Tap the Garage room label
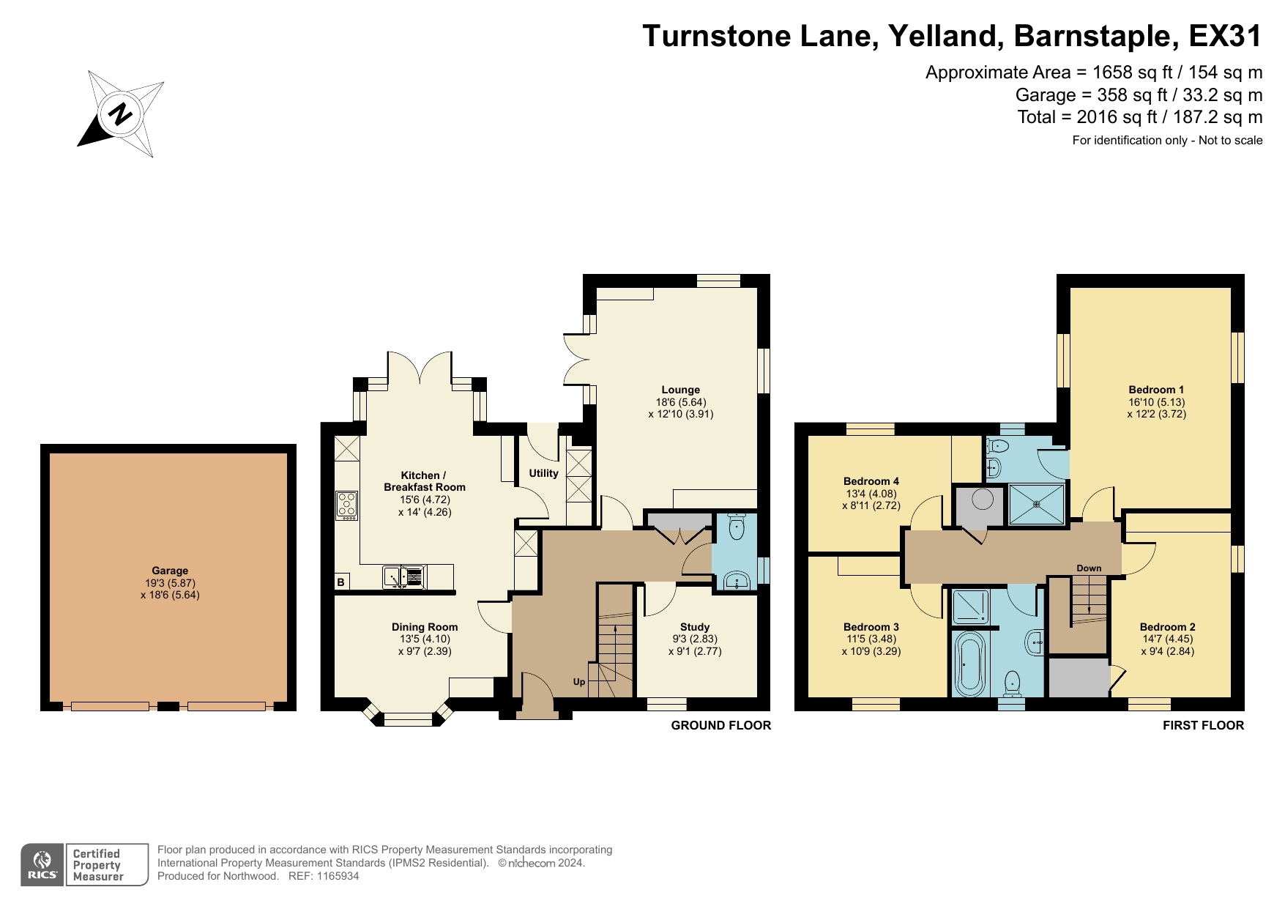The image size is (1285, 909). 170,571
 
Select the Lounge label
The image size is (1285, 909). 680,390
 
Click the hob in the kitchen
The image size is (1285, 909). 347,505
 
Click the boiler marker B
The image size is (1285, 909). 340,582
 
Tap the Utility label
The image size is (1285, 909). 543,473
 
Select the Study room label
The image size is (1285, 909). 694,627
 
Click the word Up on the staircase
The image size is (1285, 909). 579,682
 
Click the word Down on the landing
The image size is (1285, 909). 1089,568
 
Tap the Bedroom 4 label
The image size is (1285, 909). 871,481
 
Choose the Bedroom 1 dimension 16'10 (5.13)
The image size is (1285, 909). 1156,402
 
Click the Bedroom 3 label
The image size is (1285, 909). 871,627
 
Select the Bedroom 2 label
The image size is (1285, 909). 1167,627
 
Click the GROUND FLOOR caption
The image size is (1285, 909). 720,725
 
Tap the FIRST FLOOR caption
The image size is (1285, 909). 1203,725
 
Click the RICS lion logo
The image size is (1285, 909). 42,861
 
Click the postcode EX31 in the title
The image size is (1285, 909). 1225,36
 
